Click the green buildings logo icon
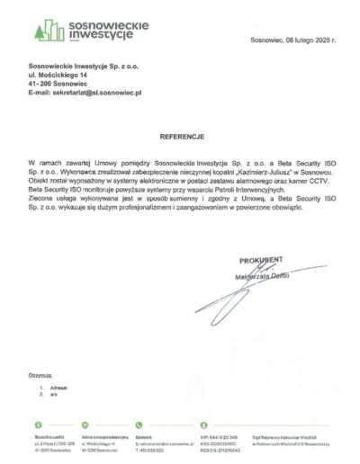click(46, 29)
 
